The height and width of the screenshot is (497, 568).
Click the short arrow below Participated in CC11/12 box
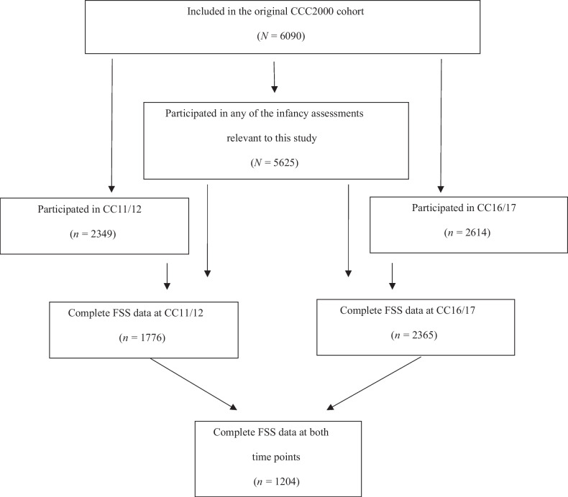[x=167, y=274]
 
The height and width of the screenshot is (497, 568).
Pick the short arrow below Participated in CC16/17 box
[x=392, y=274]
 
